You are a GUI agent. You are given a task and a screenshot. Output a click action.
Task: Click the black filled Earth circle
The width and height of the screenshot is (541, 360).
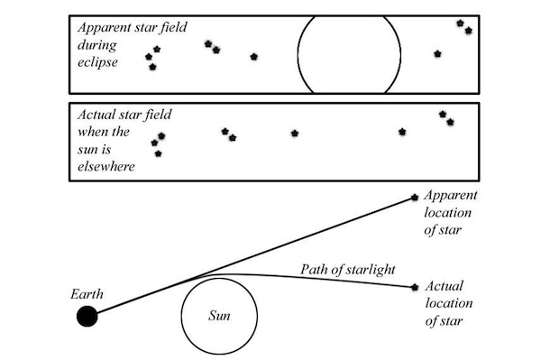(x=87, y=316)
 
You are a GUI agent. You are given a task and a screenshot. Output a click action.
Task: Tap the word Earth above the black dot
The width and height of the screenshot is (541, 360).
(x=87, y=294)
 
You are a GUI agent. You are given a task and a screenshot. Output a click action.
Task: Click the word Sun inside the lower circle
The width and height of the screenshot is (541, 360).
(x=220, y=317)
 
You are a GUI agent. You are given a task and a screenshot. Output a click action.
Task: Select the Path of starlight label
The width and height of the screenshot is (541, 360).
(x=344, y=269)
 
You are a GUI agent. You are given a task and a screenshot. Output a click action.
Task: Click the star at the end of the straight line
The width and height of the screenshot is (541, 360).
(x=414, y=197)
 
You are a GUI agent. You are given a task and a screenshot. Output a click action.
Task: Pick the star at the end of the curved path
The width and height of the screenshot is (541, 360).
(x=414, y=288)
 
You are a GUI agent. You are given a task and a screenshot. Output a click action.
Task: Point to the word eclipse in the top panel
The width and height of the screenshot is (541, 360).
(x=98, y=60)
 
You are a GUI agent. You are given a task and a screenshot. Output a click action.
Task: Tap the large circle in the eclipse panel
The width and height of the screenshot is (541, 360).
(x=349, y=54)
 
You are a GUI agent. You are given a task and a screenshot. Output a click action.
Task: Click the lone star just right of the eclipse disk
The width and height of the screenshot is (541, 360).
(x=437, y=54)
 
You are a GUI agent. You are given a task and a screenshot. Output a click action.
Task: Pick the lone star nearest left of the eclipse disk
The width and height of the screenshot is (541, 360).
(x=254, y=57)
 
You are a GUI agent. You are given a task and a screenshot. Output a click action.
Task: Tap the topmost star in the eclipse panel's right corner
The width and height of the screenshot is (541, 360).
(x=460, y=23)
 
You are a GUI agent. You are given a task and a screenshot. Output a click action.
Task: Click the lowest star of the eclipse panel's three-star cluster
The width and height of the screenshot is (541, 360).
(x=152, y=67)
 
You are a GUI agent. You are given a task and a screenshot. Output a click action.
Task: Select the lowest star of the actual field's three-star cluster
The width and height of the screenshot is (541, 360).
(x=158, y=153)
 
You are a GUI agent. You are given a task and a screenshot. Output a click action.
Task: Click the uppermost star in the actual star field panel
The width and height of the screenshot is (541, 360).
(x=442, y=114)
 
